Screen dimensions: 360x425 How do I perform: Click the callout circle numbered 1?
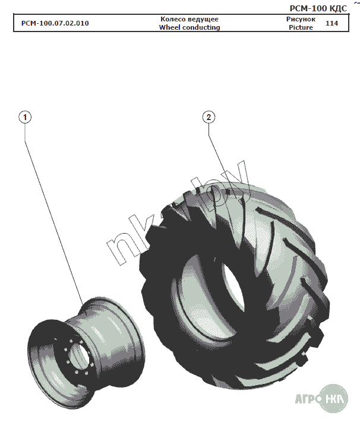tap(25, 117)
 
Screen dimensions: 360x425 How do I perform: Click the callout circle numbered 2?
tap(209, 117)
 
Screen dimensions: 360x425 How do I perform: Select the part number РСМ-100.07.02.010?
tap(55, 23)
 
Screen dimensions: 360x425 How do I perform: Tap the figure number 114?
tap(331, 23)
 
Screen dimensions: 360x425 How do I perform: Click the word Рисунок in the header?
tap(301, 19)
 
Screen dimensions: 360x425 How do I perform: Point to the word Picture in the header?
tap(301, 27)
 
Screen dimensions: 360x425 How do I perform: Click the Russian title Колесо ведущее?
tap(190, 19)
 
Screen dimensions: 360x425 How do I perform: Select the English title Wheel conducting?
tap(190, 27)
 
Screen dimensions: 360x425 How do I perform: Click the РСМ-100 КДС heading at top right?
tap(318, 8)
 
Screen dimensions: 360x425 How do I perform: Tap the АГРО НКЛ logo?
tap(321, 398)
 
